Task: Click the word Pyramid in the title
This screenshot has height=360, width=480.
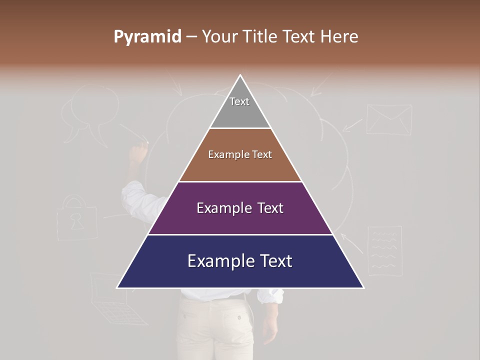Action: (147, 37)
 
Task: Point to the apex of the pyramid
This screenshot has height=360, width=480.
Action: (240, 76)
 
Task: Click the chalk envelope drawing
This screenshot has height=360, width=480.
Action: (389, 119)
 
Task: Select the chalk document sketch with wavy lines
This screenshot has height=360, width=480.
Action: (384, 250)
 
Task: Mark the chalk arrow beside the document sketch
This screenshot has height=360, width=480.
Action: (352, 242)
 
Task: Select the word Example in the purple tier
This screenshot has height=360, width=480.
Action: (222, 208)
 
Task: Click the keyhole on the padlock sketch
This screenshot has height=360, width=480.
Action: (77, 221)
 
